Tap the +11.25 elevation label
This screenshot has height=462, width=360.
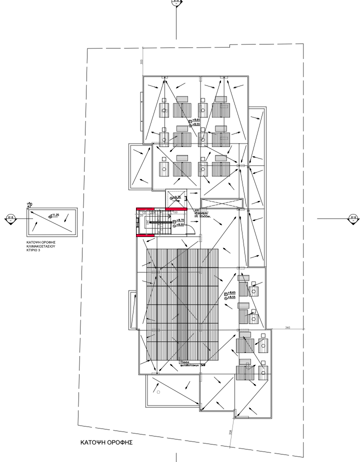click(x=54, y=215)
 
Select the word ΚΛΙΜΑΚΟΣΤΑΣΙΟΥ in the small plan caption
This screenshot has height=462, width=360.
click(x=40, y=246)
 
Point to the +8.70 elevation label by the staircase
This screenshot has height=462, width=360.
click(x=181, y=220)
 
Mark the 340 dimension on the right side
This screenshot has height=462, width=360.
click(x=287, y=327)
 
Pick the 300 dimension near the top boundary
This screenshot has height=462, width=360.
click(x=141, y=61)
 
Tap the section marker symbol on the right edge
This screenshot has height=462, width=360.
click(x=353, y=217)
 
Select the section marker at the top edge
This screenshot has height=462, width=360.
click(x=176, y=1)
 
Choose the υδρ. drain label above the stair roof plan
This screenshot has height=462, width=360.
click(x=29, y=204)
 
